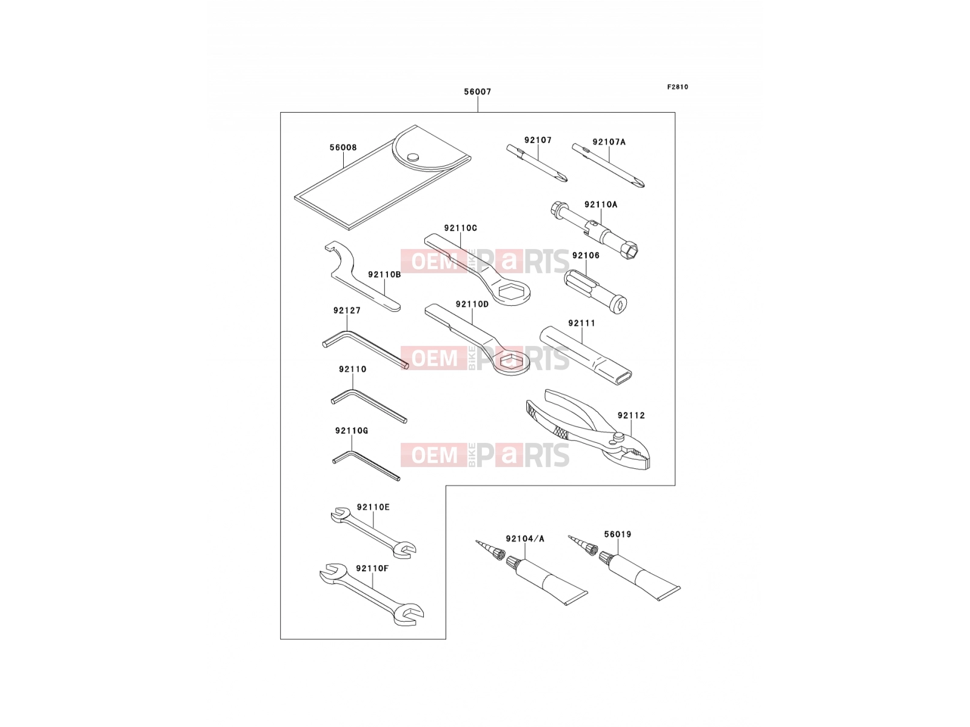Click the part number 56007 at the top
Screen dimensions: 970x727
pos(477,92)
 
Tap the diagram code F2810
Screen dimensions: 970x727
pos(677,87)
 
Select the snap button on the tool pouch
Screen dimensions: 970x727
pos(413,157)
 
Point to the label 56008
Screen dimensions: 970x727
pos(343,147)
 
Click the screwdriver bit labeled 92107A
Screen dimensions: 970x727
pos(608,165)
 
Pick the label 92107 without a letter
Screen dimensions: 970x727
pos(538,140)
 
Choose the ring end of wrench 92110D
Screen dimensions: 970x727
pos(511,362)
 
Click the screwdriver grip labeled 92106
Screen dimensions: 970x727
pos(595,291)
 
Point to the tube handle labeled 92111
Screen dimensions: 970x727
pos(586,356)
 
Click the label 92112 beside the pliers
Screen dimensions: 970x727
pos(631,416)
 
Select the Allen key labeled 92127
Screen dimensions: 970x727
pos(366,349)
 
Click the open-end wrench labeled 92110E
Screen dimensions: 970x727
pos(373,534)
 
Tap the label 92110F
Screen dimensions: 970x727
pos(372,568)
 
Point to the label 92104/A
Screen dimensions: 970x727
pos(525,539)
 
